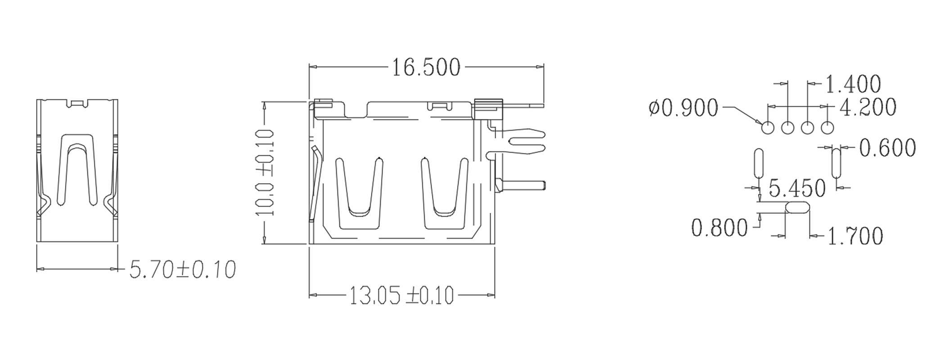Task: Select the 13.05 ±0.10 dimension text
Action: [x=401, y=296]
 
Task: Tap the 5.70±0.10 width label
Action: [x=183, y=270]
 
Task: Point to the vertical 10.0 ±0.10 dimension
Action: [x=264, y=173]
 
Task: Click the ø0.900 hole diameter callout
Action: [x=684, y=108]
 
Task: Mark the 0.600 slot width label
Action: [x=887, y=148]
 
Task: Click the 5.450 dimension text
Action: [x=797, y=189]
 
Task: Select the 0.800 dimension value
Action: [x=719, y=228]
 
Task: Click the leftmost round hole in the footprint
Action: [x=768, y=128]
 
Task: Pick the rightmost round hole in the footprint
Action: [x=828, y=128]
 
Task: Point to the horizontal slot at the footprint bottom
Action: [x=797, y=207]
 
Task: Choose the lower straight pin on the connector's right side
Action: [x=522, y=185]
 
